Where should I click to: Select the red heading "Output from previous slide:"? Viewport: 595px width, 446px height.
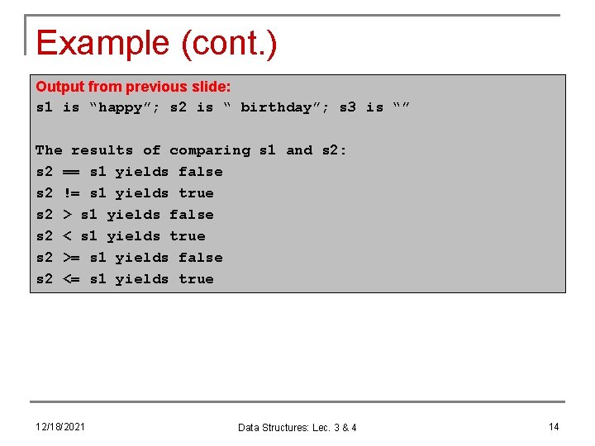coord(133,87)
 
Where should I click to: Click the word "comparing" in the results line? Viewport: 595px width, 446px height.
coord(209,150)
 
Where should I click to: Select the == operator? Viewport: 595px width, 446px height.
coord(72,172)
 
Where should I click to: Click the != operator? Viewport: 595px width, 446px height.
coord(72,193)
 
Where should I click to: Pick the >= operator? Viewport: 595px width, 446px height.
coord(72,258)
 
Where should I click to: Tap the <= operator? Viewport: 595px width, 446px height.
coord(72,279)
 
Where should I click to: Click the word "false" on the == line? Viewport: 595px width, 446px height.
coord(200,172)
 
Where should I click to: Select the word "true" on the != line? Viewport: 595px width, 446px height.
coord(196,193)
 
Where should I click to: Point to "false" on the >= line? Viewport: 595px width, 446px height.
coord(200,258)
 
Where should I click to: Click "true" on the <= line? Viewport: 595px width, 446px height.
coord(196,279)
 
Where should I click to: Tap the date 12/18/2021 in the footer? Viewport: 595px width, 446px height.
coord(59,426)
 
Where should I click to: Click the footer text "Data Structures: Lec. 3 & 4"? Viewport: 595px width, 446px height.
coord(297,427)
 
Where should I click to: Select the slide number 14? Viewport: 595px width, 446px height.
coord(553,426)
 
